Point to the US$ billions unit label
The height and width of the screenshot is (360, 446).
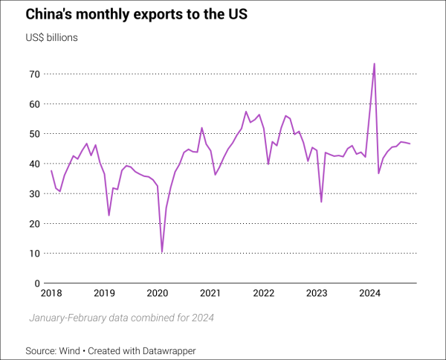point(51,36)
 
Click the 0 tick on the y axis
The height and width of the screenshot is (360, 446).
point(36,283)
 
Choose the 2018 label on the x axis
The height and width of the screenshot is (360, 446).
point(51,293)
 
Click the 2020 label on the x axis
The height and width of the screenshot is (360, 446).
point(158,293)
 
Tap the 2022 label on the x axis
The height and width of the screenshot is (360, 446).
point(264,293)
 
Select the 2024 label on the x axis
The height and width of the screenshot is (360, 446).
point(370,293)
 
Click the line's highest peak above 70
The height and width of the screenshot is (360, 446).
point(374,64)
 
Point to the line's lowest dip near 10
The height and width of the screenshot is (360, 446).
point(162,252)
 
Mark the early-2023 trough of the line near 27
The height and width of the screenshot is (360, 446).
point(321,202)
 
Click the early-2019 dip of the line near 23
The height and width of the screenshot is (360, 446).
point(109,215)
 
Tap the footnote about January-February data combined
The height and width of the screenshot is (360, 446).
point(122,318)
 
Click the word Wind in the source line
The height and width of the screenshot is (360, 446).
point(74,350)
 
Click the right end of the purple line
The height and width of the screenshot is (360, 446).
point(410,144)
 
